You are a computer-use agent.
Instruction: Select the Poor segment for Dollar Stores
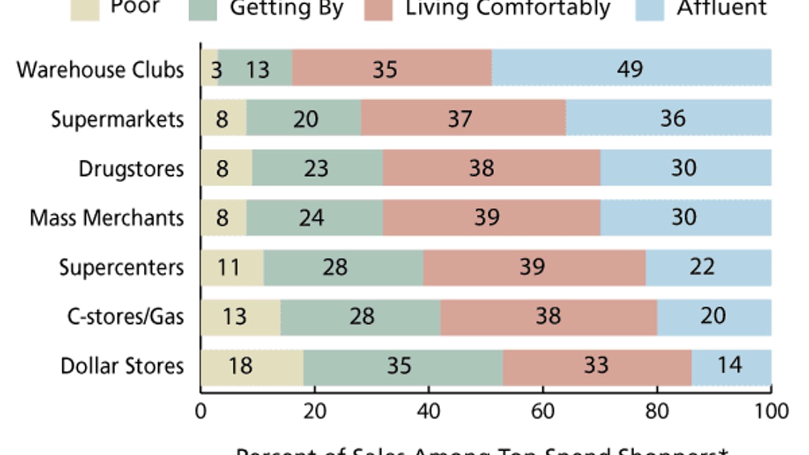[251, 367]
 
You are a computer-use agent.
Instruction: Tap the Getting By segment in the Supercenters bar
[344, 267]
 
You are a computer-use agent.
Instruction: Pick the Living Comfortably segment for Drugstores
[492, 168]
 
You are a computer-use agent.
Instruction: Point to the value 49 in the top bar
[630, 69]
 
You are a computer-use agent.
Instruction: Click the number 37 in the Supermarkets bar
[460, 119]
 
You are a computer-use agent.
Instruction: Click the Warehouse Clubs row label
[100, 70]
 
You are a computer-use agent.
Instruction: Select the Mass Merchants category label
[107, 218]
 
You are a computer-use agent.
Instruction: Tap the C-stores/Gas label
[126, 317]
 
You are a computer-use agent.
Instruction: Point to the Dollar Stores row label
[122, 366]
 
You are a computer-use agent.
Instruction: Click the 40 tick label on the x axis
[429, 411]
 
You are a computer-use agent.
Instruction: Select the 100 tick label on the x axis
[770, 411]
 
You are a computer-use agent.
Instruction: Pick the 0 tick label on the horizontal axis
[201, 411]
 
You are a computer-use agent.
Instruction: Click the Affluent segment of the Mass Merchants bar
[686, 218]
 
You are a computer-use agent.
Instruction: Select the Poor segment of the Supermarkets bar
[223, 118]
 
